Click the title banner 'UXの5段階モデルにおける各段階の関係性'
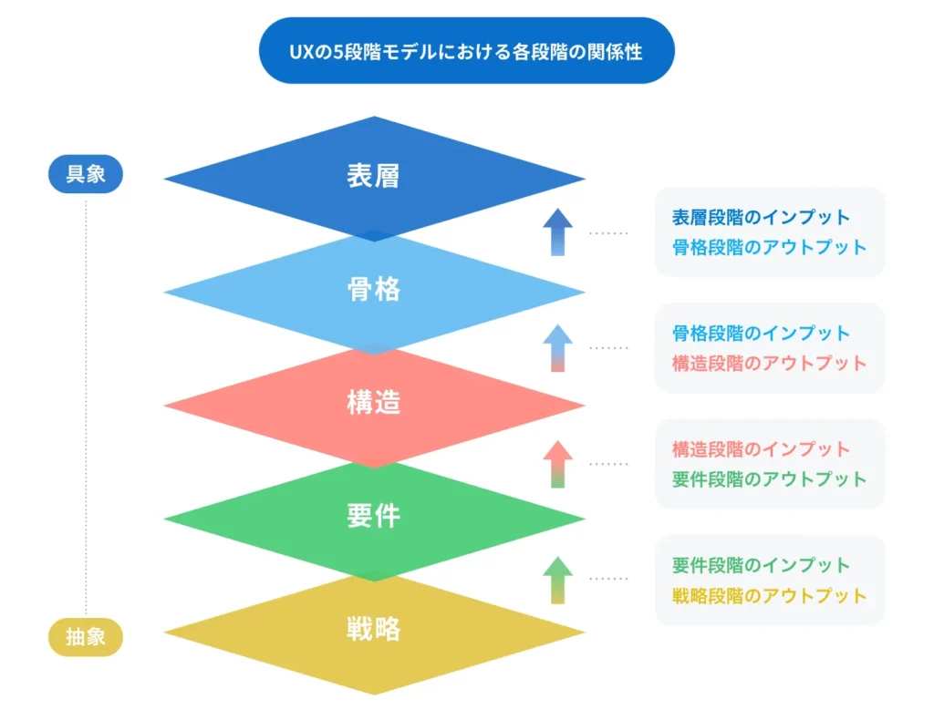click(x=466, y=50)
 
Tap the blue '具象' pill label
click(x=86, y=174)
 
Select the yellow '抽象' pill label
click(x=86, y=637)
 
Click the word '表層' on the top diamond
click(x=373, y=176)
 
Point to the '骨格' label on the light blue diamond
click(x=373, y=289)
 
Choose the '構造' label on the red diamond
click(x=373, y=402)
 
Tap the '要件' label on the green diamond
click(x=373, y=515)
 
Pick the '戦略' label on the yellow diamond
click(x=373, y=629)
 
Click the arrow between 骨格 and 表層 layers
click(x=557, y=232)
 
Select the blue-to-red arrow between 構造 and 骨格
click(x=557, y=348)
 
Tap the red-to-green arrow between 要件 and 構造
click(x=557, y=464)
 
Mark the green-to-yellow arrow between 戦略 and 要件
click(x=557, y=581)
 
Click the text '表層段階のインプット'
click(x=761, y=217)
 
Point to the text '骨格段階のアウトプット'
click(x=769, y=247)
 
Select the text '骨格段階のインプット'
click(x=761, y=334)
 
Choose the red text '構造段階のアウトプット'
click(x=769, y=363)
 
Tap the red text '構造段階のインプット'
click(x=761, y=449)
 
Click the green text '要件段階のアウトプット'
click(x=769, y=479)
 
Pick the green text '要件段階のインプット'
click(x=761, y=565)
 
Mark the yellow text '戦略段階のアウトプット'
click(x=769, y=596)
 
